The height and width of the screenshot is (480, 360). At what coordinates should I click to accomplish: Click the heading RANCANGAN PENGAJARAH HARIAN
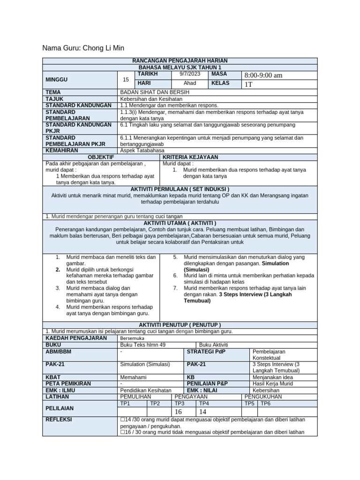180,61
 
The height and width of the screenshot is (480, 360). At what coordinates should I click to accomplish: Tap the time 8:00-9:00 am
263,75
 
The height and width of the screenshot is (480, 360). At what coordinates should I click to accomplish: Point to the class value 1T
248,84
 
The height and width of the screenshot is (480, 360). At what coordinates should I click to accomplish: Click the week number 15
126,79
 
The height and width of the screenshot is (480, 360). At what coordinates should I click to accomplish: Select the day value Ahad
189,83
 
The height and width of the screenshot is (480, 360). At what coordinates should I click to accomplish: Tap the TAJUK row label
54,99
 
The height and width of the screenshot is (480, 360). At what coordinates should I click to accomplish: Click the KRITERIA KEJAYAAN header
190,157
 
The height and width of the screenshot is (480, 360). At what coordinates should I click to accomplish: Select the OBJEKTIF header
102,157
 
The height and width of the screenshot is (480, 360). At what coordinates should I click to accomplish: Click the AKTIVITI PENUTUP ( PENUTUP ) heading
180,325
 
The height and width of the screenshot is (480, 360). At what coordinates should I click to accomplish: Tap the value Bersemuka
133,338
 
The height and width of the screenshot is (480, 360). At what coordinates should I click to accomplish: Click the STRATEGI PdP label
207,351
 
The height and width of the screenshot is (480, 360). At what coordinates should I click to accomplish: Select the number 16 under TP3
178,412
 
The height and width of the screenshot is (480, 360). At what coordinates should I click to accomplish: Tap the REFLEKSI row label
59,420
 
